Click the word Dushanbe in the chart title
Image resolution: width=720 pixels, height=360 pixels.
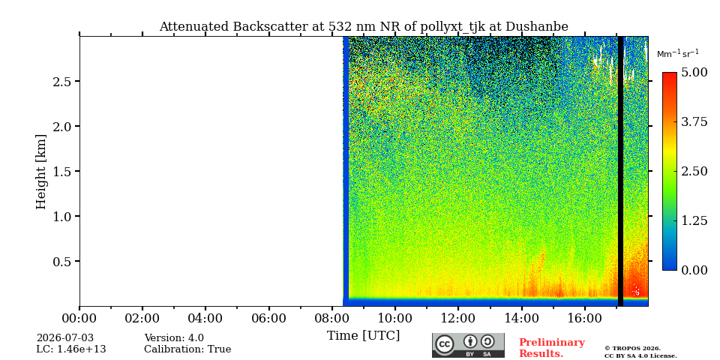tap(537, 27)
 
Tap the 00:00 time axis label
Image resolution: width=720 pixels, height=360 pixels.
tap(79, 318)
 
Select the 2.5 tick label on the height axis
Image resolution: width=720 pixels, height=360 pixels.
tap(60, 82)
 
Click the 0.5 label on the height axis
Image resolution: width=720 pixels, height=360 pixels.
tap(60, 262)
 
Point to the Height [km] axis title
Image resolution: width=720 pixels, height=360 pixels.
tap(41, 172)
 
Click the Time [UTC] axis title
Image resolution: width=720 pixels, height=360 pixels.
tap(363, 336)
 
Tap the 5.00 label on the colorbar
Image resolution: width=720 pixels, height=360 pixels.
tap(695, 73)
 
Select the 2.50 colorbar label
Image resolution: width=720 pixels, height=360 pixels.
tap(695, 171)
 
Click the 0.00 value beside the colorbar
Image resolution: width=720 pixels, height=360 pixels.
tap(695, 270)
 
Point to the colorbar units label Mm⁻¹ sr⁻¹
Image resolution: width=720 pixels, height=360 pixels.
tap(678, 53)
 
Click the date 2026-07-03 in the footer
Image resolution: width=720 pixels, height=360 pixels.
tap(65, 338)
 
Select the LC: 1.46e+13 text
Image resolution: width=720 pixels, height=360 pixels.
tap(71, 349)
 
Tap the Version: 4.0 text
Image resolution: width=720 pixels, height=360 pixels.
tap(174, 338)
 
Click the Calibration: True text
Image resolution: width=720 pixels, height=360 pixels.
tap(187, 349)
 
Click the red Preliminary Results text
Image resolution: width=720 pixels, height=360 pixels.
tap(552, 348)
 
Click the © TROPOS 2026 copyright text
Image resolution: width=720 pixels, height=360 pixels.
tap(633, 349)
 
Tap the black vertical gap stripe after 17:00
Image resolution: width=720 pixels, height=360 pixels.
tap(620, 171)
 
